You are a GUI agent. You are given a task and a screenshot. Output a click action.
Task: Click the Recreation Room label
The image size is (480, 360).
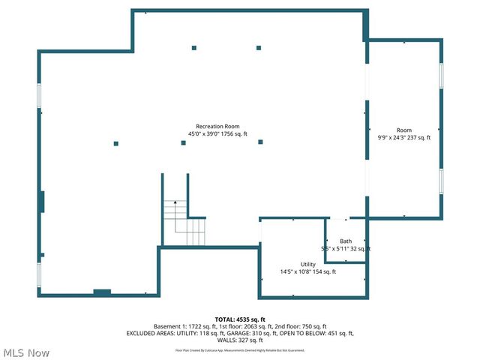click(217, 126)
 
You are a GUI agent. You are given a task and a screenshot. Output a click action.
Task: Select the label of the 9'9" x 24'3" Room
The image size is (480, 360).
click(404, 130)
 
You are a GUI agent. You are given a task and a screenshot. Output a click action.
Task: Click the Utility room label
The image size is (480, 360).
click(308, 264)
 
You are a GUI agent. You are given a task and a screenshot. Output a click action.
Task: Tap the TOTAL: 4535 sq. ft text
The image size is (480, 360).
click(240, 319)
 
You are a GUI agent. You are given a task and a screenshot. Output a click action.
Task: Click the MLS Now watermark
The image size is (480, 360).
click(27, 352)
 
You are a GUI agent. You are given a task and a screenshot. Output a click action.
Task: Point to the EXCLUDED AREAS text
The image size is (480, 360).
click(154, 333)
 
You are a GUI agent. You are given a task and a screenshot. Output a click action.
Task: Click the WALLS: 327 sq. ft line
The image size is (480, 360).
click(240, 340)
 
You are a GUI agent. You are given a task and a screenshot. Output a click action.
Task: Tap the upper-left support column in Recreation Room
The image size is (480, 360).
click(193, 47)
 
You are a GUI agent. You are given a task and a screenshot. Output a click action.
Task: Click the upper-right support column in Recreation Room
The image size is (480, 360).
click(259, 47)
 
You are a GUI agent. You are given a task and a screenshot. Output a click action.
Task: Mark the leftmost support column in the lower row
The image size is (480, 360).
click(115, 142)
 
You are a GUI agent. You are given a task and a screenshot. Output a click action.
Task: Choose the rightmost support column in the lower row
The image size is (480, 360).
click(260, 142)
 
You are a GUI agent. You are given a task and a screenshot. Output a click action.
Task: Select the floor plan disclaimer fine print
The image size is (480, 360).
click(240, 349)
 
